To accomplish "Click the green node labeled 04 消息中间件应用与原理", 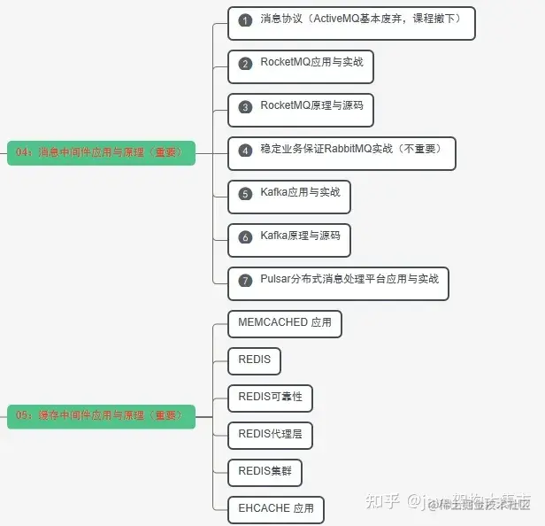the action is [100, 152].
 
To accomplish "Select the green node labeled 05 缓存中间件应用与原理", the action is [100, 414].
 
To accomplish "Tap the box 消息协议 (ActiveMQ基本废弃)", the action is [351, 23].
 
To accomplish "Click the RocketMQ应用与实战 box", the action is [300, 66].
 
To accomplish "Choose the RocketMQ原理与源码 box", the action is [300, 109].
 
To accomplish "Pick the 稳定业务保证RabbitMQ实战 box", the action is [341, 152].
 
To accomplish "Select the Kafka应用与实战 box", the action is [288, 196].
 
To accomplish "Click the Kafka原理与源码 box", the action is [288, 239].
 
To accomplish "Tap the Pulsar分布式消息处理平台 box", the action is [337, 282].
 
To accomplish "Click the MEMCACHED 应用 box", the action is [284, 323].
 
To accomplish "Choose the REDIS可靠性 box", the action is [270, 398].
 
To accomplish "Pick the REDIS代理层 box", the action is [270, 435].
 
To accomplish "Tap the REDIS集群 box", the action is [265, 472].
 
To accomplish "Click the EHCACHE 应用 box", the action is [276, 509].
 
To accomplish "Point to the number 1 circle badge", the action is [245, 20].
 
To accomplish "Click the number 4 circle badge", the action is [245, 151].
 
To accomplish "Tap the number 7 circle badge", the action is [245, 281].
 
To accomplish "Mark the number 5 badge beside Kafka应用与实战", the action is [245, 194].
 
